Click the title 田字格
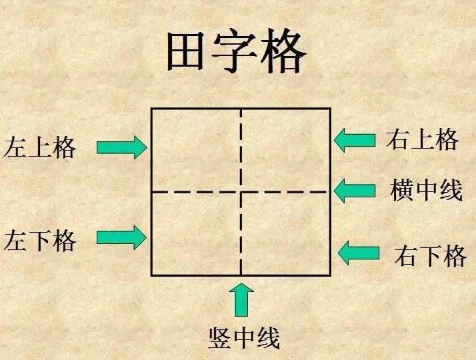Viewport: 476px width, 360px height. (x=236, y=51)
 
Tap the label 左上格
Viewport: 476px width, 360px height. (x=40, y=147)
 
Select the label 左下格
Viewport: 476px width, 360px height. (x=40, y=241)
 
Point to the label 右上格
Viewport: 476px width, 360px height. (x=422, y=139)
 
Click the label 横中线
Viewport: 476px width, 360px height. (x=426, y=190)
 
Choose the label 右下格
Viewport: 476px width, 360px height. (x=431, y=256)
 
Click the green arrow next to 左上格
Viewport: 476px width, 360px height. (x=122, y=147)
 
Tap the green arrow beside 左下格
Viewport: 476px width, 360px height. (x=121, y=237)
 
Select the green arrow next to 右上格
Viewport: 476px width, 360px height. (x=355, y=140)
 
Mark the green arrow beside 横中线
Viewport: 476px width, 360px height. (x=355, y=191)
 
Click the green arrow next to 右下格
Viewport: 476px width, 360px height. (x=359, y=253)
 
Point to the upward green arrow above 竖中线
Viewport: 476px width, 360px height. (x=241, y=300)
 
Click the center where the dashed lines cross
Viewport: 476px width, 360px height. (x=241, y=192)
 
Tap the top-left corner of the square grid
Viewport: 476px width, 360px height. (x=151, y=109)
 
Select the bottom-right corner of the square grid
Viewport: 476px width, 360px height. (x=330, y=275)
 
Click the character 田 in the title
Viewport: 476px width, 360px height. (x=185, y=51)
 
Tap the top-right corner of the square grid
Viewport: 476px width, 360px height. (x=330, y=109)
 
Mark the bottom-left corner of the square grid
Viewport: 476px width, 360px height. (x=151, y=275)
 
